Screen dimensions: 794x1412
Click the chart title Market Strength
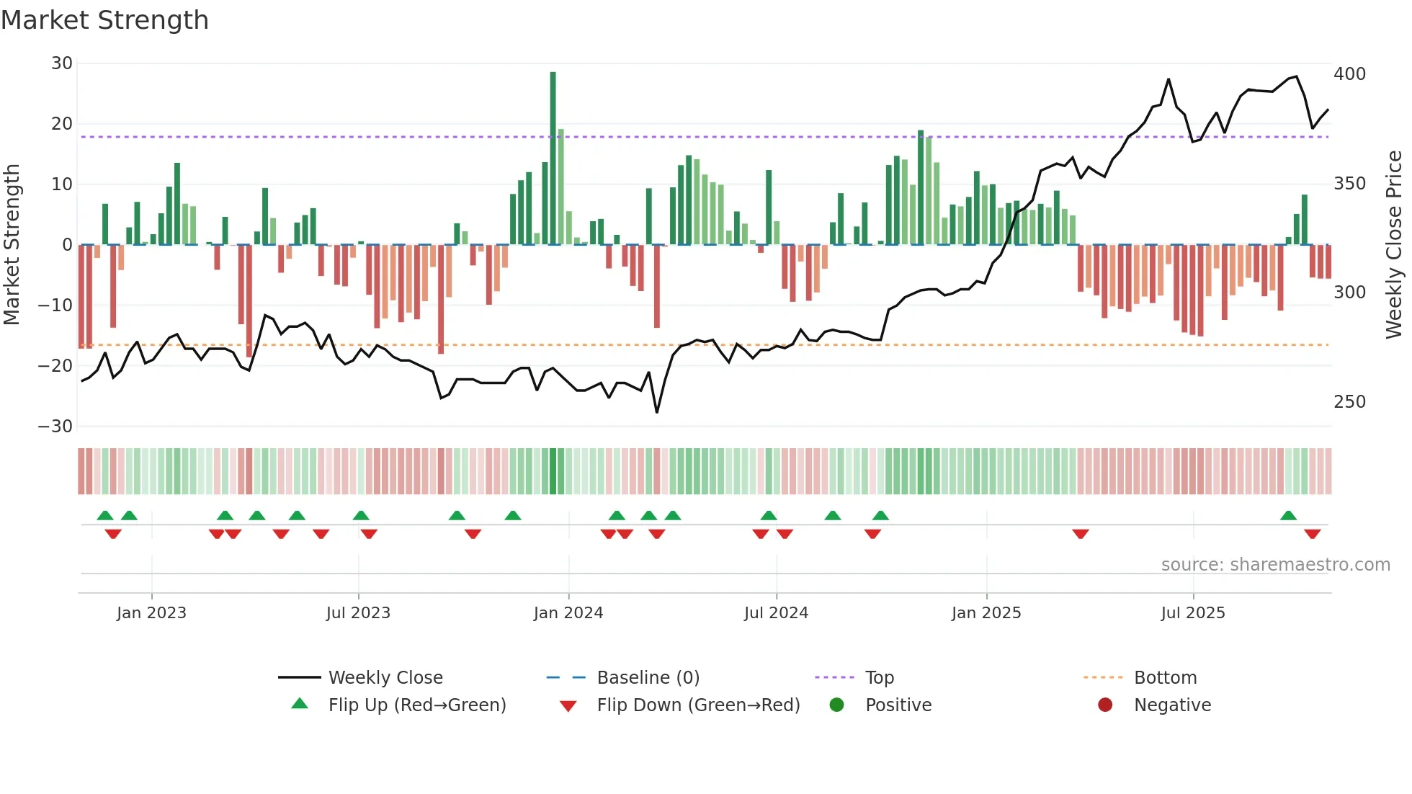tap(104, 20)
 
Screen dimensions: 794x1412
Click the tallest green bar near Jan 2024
tap(553, 159)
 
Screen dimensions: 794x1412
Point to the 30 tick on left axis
tap(62, 63)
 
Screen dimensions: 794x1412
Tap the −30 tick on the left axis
tap(55, 426)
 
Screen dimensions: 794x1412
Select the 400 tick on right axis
tap(1349, 74)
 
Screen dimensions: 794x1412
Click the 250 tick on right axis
tap(1349, 402)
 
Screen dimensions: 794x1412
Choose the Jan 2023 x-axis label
tap(151, 613)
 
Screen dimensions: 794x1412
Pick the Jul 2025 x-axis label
tap(1193, 613)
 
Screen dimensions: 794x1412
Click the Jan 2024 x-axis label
tap(568, 613)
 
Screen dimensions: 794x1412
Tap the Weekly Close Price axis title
tap(1394, 245)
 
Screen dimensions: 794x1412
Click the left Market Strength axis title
tap(12, 245)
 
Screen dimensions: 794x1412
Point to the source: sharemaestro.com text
tap(1275, 565)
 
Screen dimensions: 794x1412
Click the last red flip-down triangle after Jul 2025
tap(1312, 534)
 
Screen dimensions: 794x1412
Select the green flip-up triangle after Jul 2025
tap(1288, 515)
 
